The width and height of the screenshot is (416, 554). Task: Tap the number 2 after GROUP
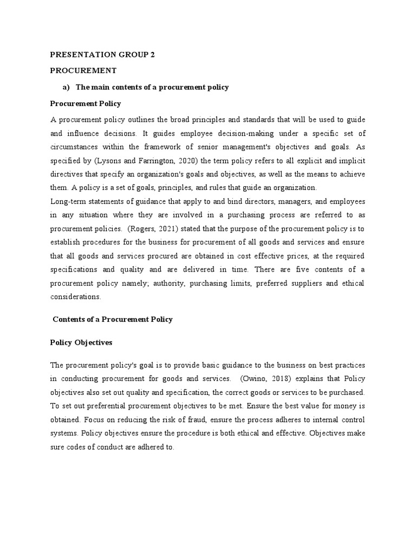(153, 55)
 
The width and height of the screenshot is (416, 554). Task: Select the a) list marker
(67, 87)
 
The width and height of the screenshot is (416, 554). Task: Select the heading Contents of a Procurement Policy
(113, 319)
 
